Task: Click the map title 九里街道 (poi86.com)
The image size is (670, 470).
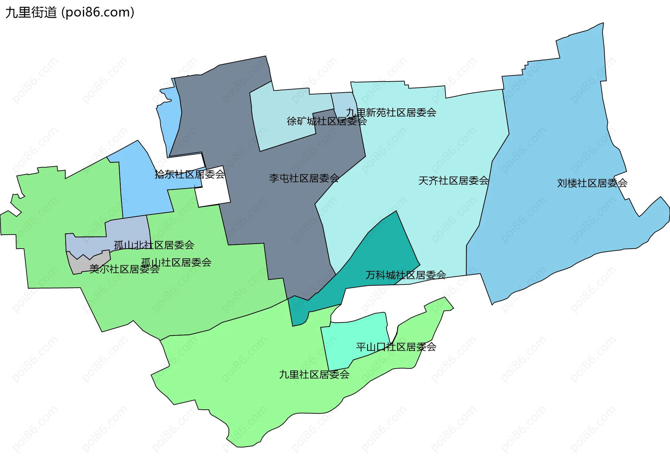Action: (70, 13)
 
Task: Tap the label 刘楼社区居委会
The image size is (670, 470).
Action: (592, 183)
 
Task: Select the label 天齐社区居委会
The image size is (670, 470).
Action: (453, 181)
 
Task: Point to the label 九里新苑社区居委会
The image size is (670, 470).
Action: (391, 113)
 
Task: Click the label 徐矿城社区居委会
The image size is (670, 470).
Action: (327, 121)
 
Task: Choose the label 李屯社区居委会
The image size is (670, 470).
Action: (304, 178)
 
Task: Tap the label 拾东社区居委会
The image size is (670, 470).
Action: (189, 174)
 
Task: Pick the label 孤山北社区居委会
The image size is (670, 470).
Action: (154, 245)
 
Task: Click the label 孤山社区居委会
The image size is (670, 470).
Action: (176, 262)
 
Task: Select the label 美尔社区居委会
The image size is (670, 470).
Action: (124, 269)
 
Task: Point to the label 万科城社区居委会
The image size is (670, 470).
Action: (405, 275)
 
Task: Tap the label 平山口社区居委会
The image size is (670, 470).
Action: (396, 347)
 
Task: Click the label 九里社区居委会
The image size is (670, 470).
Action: (314, 374)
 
